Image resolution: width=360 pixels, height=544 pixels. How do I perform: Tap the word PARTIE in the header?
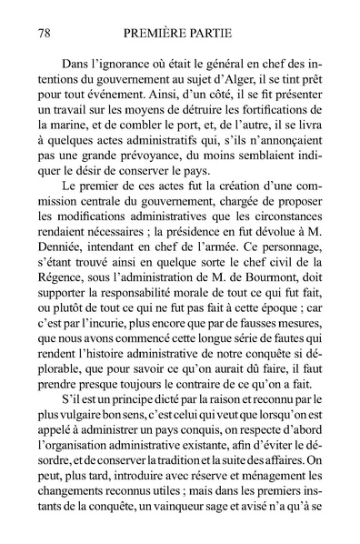pos(221,34)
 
